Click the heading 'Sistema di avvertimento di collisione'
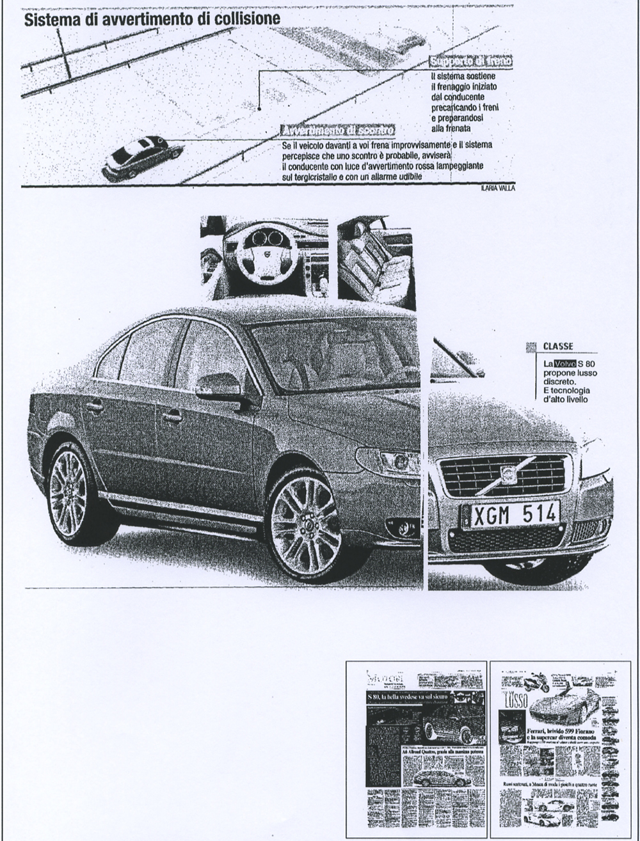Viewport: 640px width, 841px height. point(152,19)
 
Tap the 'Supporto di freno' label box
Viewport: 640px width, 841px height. point(472,61)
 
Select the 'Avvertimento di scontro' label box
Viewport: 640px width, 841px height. point(338,131)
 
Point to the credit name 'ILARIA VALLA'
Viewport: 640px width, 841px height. point(497,188)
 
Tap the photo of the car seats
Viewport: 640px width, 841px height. point(376,260)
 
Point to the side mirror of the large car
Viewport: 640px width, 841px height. point(220,387)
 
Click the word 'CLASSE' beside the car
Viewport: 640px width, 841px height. point(558,347)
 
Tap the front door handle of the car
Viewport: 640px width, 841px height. point(172,417)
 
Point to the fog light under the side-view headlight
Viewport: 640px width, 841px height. point(403,528)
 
